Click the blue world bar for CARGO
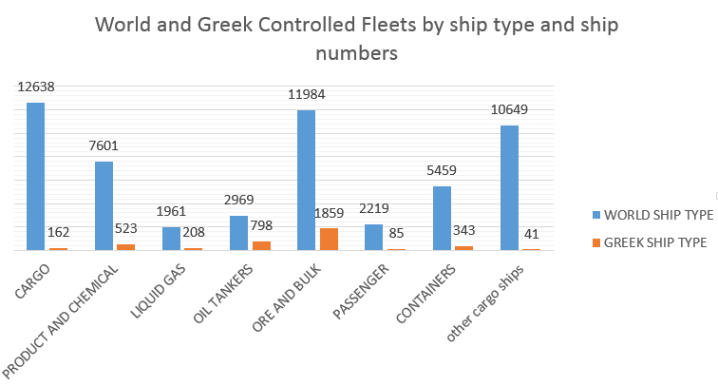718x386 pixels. click(35, 176)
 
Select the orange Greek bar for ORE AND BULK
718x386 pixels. click(329, 239)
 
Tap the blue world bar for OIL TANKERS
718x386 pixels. click(238, 233)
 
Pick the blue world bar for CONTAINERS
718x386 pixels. click(442, 218)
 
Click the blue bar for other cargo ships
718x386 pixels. click(509, 187)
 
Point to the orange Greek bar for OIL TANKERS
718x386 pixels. click(261, 245)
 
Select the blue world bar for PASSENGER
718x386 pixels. click(374, 237)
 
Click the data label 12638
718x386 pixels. click(35, 87)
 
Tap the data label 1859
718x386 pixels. click(329, 214)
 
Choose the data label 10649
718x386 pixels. click(509, 109)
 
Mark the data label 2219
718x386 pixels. click(374, 209)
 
